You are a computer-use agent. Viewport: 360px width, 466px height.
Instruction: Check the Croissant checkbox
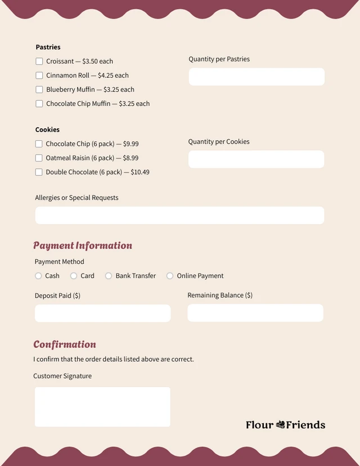pos(39,61)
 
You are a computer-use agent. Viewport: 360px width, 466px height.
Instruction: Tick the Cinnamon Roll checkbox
pos(39,75)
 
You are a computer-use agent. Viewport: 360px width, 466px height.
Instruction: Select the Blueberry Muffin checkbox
pos(39,89)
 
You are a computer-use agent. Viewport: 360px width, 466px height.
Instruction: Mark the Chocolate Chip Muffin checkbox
pos(39,104)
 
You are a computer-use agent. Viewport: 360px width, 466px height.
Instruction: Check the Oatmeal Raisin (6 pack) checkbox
pos(39,158)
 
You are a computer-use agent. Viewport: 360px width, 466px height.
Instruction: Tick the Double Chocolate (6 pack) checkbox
pos(39,172)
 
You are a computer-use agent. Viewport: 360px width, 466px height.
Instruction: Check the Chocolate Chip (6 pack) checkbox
pos(39,144)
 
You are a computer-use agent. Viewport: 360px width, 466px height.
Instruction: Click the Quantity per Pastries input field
pos(256,77)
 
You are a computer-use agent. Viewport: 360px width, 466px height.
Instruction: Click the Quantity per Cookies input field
pos(256,159)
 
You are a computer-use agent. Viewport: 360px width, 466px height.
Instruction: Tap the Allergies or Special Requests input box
pos(179,215)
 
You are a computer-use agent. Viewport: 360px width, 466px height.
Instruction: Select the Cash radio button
pos(38,276)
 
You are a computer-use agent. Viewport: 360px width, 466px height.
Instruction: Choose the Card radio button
pos(74,276)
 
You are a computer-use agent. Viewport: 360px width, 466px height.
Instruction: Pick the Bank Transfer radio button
pos(109,276)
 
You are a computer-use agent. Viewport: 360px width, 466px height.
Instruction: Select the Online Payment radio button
pos(170,276)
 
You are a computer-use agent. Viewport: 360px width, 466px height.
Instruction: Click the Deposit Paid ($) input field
pos(102,313)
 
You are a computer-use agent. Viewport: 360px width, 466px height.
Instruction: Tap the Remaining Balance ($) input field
pos(255,313)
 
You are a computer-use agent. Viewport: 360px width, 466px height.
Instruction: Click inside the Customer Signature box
pos(102,406)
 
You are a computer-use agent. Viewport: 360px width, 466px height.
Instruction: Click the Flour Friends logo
pos(285,425)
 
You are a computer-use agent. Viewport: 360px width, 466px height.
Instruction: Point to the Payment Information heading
pos(83,245)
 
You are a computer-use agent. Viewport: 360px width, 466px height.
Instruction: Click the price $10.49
pos(140,172)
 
